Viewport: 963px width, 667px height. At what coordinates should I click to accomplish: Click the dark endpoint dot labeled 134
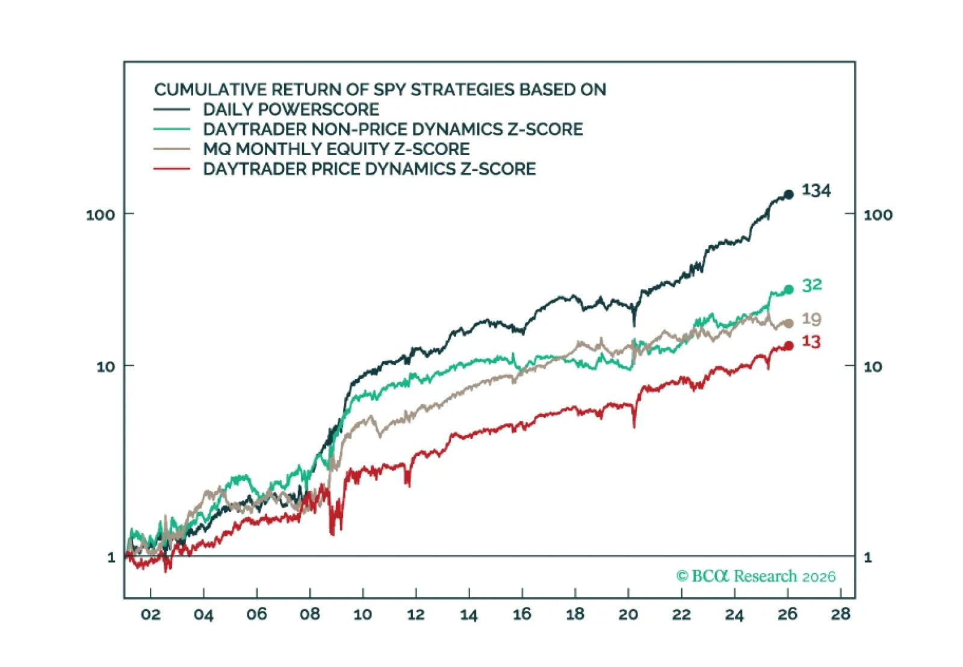tap(788, 194)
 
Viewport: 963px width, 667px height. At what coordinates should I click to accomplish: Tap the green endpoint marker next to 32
tap(788, 289)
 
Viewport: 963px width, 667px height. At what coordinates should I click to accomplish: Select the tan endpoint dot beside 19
tap(788, 324)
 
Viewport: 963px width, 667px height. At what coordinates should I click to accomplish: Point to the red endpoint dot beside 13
tap(788, 346)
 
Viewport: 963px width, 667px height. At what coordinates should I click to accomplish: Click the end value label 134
tap(816, 191)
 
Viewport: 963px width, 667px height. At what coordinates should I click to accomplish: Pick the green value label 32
tap(812, 285)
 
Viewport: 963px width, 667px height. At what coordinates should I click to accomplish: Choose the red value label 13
tap(811, 342)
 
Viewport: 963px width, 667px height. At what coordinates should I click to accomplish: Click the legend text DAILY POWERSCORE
tap(291, 109)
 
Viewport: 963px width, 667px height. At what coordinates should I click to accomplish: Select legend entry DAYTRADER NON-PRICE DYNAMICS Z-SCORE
tap(393, 129)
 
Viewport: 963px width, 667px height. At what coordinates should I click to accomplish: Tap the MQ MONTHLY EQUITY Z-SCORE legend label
tap(336, 149)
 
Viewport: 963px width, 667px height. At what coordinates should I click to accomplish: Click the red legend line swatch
tap(172, 169)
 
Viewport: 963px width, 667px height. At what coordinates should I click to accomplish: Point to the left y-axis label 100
tap(100, 215)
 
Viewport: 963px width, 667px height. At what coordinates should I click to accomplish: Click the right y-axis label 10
tap(873, 366)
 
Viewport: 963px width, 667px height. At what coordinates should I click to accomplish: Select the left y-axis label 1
tap(111, 558)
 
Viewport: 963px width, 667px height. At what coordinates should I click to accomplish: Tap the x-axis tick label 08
tap(310, 614)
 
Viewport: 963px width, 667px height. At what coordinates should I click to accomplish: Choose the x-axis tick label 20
tap(628, 614)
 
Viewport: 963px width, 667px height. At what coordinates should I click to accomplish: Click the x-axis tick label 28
tap(841, 614)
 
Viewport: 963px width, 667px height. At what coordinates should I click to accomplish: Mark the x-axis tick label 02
tap(150, 614)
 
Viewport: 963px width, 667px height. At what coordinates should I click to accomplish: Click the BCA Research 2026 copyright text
tap(756, 576)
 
